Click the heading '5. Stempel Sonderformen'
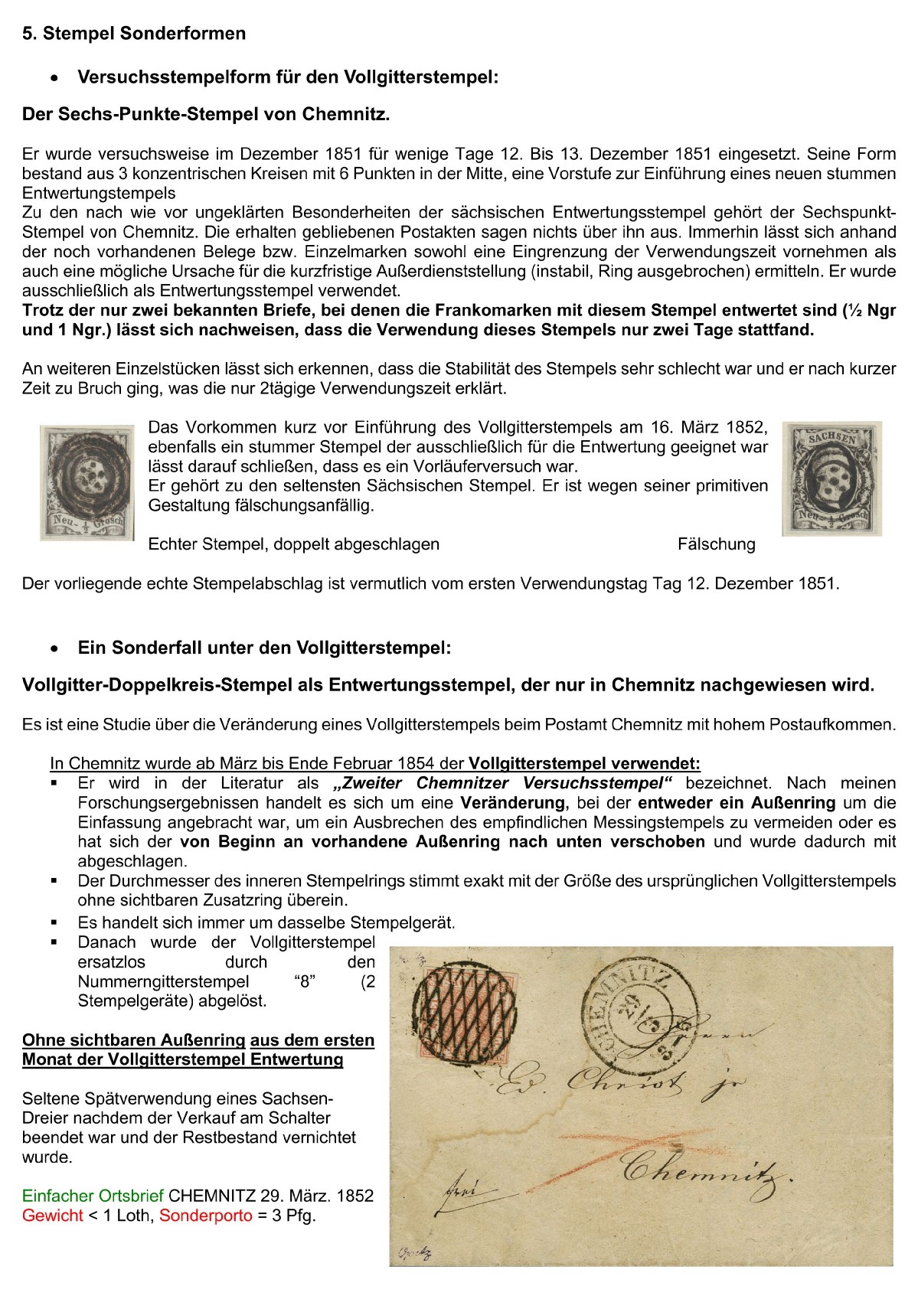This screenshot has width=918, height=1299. point(134,34)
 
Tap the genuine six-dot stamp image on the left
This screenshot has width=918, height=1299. point(87,482)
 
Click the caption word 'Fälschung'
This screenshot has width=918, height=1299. point(716,544)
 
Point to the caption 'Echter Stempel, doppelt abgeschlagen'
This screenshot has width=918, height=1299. point(293,544)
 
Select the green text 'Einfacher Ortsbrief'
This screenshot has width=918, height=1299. point(93,1196)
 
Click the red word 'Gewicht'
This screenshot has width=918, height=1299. point(53,1216)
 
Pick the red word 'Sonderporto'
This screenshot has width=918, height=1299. point(205,1216)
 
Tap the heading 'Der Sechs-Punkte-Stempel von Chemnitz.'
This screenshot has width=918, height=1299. point(206,115)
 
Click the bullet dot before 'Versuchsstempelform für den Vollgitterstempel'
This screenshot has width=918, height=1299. point(54,78)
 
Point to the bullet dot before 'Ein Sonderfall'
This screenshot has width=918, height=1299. point(54,649)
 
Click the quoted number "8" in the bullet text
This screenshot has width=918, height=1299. point(305,981)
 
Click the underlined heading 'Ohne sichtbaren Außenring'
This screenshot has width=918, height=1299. point(134,1040)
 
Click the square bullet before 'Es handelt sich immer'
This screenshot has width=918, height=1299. point(54,923)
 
